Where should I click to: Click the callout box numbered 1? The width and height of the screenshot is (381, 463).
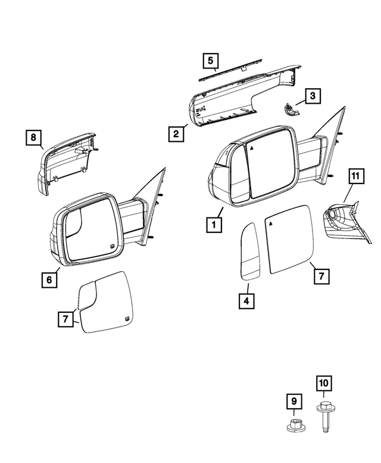point(211,225)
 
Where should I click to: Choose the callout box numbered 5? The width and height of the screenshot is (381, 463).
point(211,60)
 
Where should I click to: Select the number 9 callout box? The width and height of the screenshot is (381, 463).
point(293,402)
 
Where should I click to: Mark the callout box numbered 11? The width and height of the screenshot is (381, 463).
point(355,176)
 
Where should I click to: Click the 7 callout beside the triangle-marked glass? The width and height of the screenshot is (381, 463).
point(320,276)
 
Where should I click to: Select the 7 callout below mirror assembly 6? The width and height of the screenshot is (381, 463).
point(66,319)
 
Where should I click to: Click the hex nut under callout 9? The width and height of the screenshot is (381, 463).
point(293,427)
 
